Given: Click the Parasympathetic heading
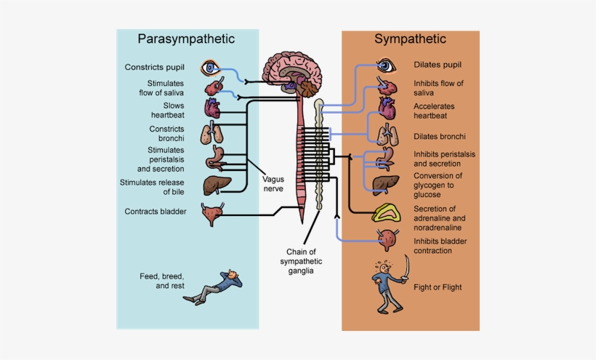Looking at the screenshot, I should pos(187,39).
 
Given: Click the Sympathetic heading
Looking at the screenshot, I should pos(410,39).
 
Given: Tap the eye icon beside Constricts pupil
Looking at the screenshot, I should pos(211,68).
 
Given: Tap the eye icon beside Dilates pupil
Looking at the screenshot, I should pos(386,66).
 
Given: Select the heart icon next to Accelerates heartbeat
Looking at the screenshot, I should pos(387,110).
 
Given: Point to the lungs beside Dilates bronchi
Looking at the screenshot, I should pos(387,135).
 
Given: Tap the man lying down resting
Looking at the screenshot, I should pos(217,285).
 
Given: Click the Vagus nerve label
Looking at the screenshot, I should pos(273,185).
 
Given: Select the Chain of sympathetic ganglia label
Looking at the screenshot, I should pos(304,261).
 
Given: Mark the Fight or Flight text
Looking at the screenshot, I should pos(438,287).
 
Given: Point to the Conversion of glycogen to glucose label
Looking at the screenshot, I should pos(438,185).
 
